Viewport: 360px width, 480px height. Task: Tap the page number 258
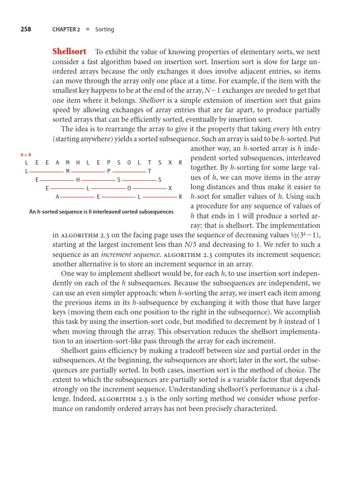26,29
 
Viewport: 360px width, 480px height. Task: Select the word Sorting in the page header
105,30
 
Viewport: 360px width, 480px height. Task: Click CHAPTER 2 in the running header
66,30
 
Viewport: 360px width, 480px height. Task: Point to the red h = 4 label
26,155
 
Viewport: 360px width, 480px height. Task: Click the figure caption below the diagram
101,212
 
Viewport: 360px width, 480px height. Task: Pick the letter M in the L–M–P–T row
67,171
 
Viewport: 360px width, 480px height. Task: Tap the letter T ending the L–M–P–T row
149,171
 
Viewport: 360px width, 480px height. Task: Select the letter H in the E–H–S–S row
78,180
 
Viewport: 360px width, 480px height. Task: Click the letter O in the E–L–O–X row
129,188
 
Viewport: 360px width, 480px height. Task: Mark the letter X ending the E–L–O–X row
170,188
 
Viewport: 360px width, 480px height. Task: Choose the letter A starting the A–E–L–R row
57,197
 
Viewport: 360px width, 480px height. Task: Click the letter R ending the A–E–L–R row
180,197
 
